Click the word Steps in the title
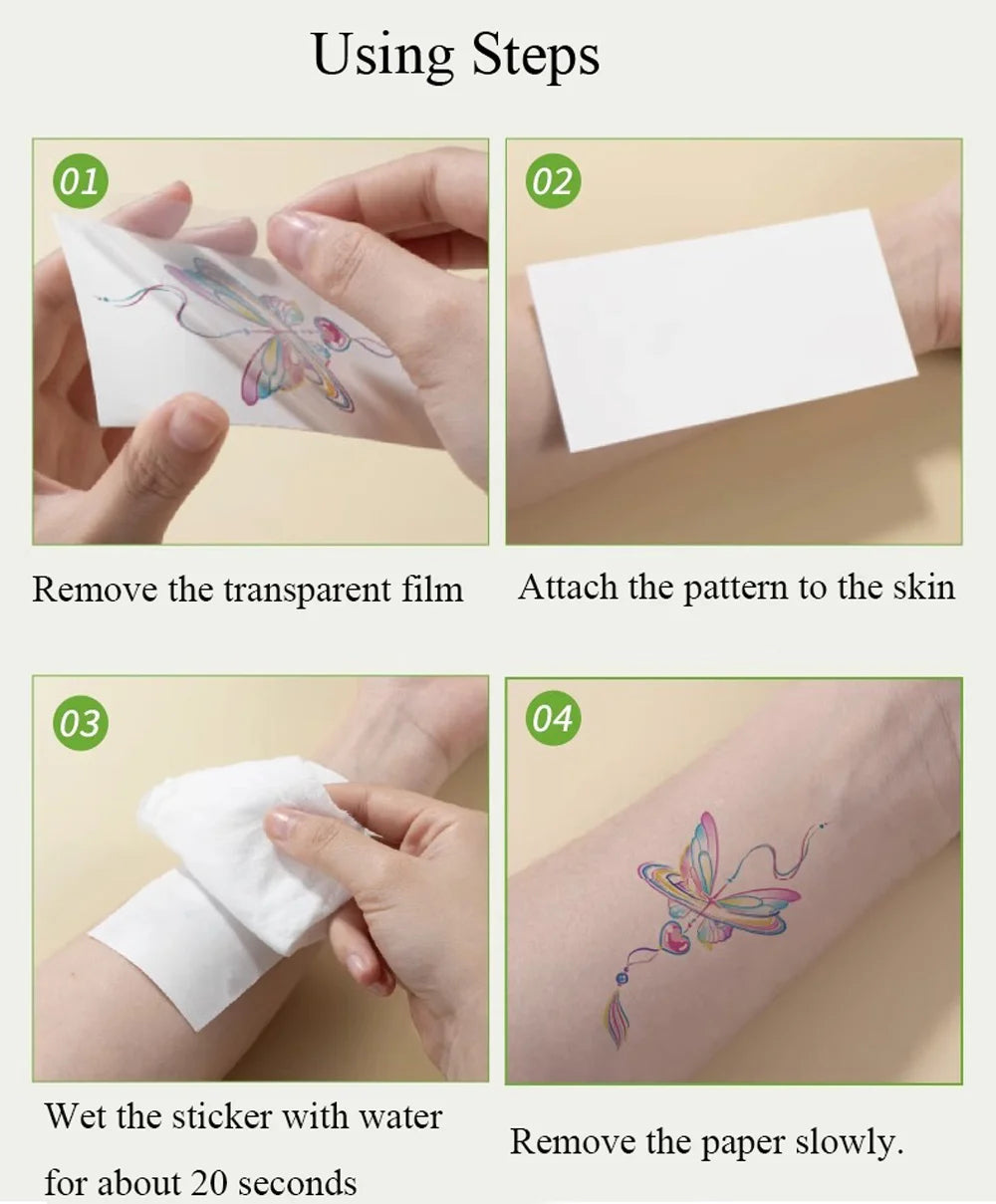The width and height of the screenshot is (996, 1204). tap(536, 56)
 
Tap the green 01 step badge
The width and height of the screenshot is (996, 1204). tap(80, 182)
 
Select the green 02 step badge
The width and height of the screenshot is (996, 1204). tap(553, 182)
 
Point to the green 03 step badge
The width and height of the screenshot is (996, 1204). tap(80, 723)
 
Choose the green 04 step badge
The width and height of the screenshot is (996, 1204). tap(553, 718)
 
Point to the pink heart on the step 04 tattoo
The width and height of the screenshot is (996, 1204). tap(674, 937)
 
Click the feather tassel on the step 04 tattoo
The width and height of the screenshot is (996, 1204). tap(618, 1021)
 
